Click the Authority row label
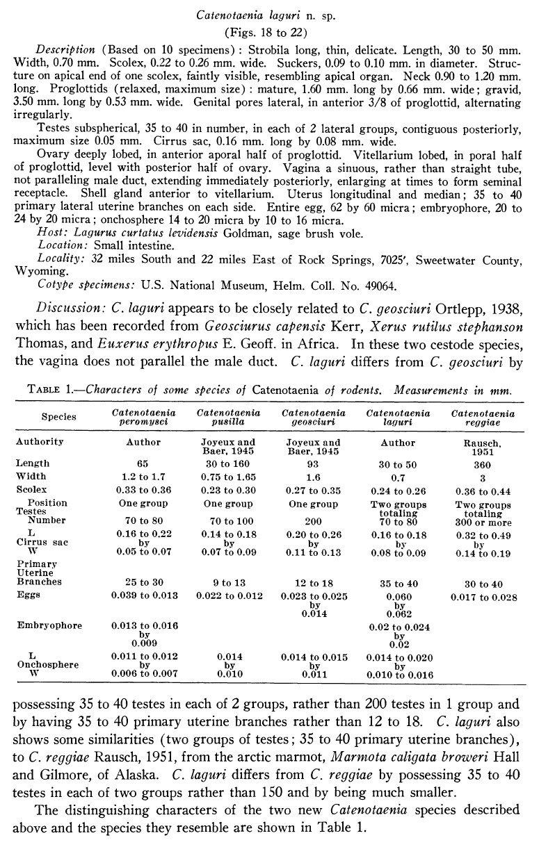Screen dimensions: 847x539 coord(40,442)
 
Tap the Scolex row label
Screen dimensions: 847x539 coord(31,490)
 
